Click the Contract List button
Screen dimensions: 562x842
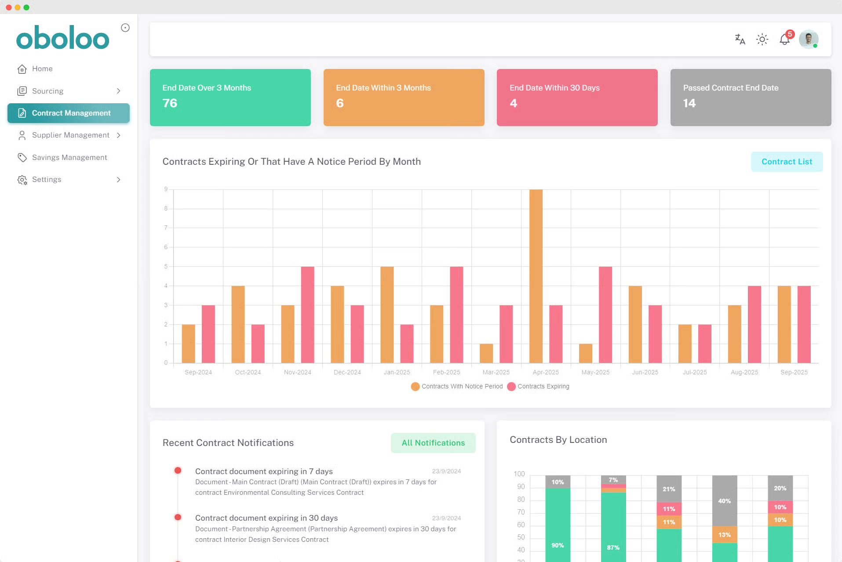click(x=787, y=162)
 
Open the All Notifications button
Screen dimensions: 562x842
click(x=433, y=443)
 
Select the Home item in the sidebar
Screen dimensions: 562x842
click(x=42, y=69)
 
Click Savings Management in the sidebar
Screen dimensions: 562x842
click(x=69, y=157)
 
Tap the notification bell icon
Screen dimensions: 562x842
click(x=784, y=40)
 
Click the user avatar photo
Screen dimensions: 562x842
click(x=808, y=40)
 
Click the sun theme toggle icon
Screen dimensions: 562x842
click(x=762, y=40)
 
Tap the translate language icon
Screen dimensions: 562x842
click(x=740, y=40)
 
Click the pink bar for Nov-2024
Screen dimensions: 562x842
click(x=308, y=315)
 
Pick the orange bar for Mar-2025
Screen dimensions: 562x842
click(x=486, y=353)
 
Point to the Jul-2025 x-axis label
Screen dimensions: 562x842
click(x=695, y=372)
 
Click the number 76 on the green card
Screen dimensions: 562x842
click(x=170, y=103)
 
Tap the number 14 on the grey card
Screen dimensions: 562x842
click(x=689, y=103)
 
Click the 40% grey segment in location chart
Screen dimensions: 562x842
click(x=725, y=501)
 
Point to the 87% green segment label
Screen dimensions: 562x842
click(x=613, y=547)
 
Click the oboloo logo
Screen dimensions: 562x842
click(x=63, y=37)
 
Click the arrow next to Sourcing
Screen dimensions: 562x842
click(x=118, y=91)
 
